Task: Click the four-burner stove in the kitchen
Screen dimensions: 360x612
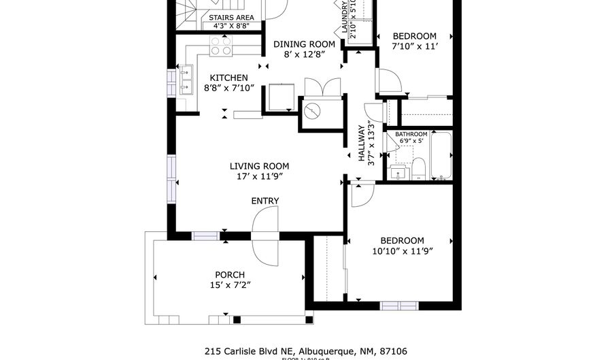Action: pyautogui.click(x=221, y=46)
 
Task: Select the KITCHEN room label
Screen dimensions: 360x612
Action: pyautogui.click(x=228, y=78)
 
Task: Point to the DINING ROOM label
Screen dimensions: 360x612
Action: pyautogui.click(x=305, y=44)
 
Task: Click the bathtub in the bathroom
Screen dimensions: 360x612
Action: pyautogui.click(x=443, y=156)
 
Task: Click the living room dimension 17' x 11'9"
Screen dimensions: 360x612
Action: pyautogui.click(x=259, y=176)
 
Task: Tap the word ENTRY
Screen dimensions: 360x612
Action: pyautogui.click(x=265, y=201)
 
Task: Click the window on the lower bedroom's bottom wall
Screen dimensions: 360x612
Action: pyautogui.click(x=398, y=306)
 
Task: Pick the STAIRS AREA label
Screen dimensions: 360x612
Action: pyautogui.click(x=231, y=18)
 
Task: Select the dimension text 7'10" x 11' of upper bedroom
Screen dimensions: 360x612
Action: pyautogui.click(x=414, y=46)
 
